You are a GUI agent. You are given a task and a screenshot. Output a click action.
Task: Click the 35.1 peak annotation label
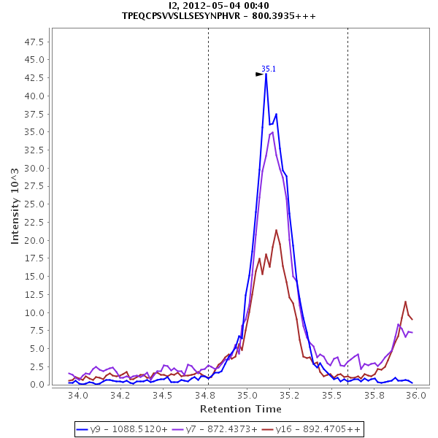click(269, 69)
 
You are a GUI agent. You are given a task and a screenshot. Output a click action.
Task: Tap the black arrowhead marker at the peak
click(259, 74)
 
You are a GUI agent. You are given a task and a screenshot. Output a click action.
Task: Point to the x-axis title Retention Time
click(241, 408)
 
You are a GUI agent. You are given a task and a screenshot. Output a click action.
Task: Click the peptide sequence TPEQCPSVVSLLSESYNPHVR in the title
click(193, 15)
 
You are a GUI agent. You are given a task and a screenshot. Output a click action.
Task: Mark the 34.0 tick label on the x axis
click(77, 395)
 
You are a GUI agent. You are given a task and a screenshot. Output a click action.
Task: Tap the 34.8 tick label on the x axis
click(209, 395)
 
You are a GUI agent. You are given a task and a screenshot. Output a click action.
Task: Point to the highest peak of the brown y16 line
click(276, 230)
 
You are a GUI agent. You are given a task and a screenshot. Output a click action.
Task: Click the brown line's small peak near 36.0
click(406, 301)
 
